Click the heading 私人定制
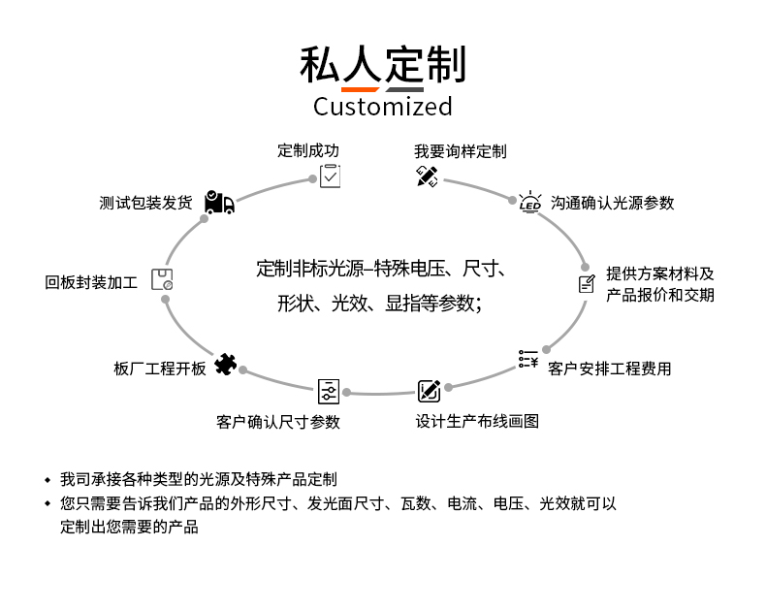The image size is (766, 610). tap(382, 64)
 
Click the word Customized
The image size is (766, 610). tap(382, 106)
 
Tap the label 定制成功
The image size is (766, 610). tap(308, 150)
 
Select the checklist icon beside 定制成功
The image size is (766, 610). tap(331, 176)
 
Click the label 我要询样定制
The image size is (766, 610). tap(460, 151)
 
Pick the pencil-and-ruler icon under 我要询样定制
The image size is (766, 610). tap(427, 177)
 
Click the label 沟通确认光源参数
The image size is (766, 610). tap(612, 203)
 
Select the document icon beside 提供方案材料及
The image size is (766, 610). tap(587, 284)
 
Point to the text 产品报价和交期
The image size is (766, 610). tap(659, 295)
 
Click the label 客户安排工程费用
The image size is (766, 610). tap(609, 369)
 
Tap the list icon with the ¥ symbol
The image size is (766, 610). tap(527, 360)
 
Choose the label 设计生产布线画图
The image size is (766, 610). tap(477, 421)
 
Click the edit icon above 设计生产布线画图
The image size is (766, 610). tap(429, 391)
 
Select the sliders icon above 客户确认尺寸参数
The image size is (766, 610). tap(329, 391)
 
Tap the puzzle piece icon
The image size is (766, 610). tap(225, 365)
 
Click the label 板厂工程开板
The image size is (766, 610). tap(160, 369)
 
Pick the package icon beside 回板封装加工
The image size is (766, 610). tap(162, 280)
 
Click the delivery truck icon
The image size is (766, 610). tap(219, 202)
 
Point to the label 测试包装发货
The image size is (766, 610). tap(145, 203)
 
